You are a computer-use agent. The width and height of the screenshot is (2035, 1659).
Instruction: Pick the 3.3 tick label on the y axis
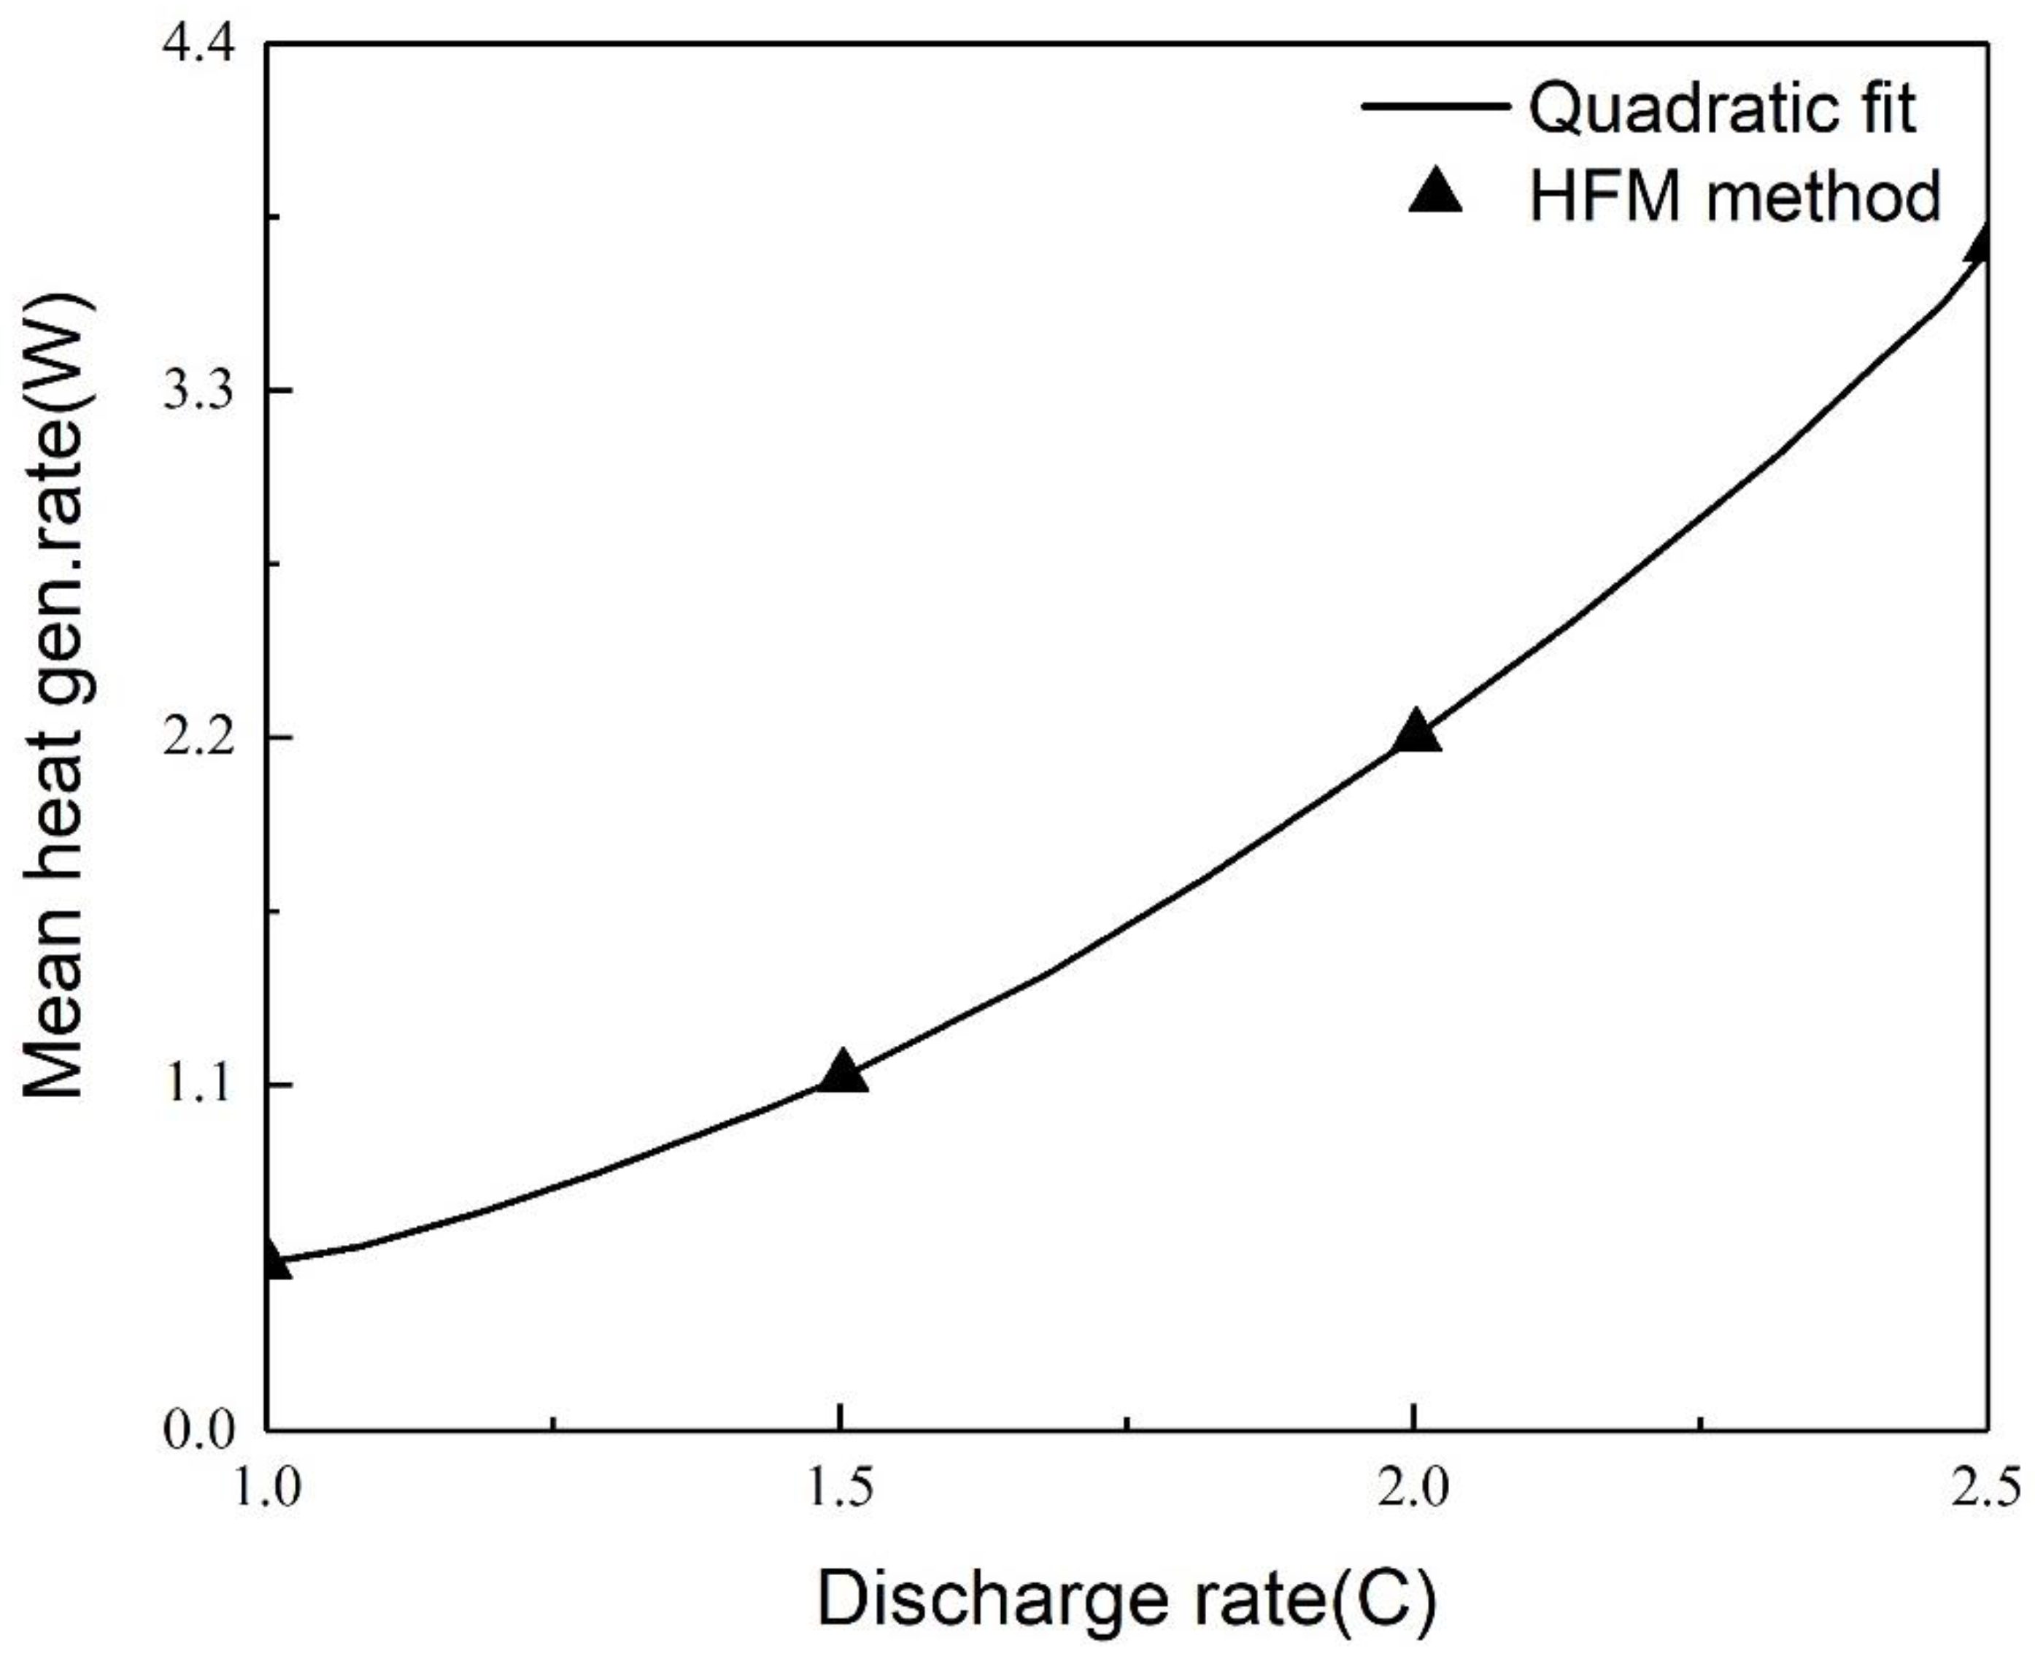pyautogui.click(x=198, y=392)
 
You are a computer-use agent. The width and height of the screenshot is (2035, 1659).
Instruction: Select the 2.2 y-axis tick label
pyautogui.click(x=198, y=738)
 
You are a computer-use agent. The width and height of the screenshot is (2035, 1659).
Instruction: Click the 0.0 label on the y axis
pyautogui.click(x=198, y=1431)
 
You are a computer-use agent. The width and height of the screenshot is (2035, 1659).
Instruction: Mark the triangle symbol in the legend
pyautogui.click(x=1436, y=191)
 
